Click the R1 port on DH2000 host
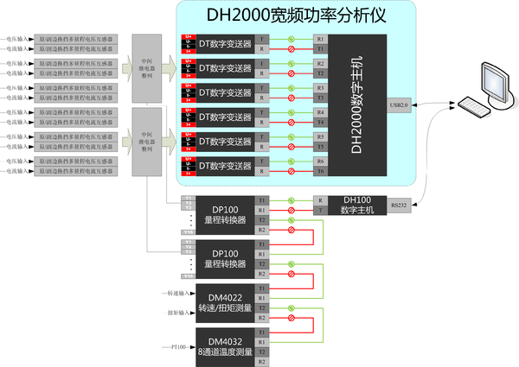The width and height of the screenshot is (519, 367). coord(320,39)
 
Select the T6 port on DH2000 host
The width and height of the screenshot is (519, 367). coord(320,172)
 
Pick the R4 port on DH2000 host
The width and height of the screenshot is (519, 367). coord(320,112)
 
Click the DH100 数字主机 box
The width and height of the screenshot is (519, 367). coord(356,205)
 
